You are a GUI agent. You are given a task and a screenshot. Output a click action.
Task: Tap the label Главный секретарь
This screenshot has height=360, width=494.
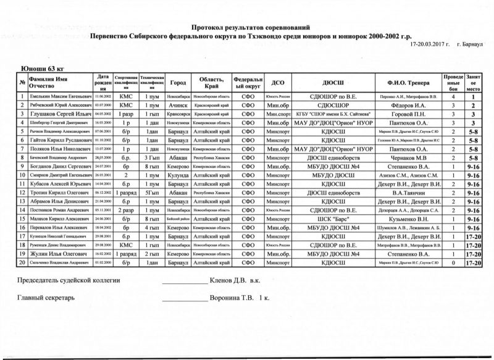click(x=47, y=298)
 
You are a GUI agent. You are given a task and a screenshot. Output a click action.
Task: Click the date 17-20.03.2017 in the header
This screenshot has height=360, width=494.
click(x=427, y=45)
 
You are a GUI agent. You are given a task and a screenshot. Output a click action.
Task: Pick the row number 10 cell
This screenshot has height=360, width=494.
click(x=22, y=175)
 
